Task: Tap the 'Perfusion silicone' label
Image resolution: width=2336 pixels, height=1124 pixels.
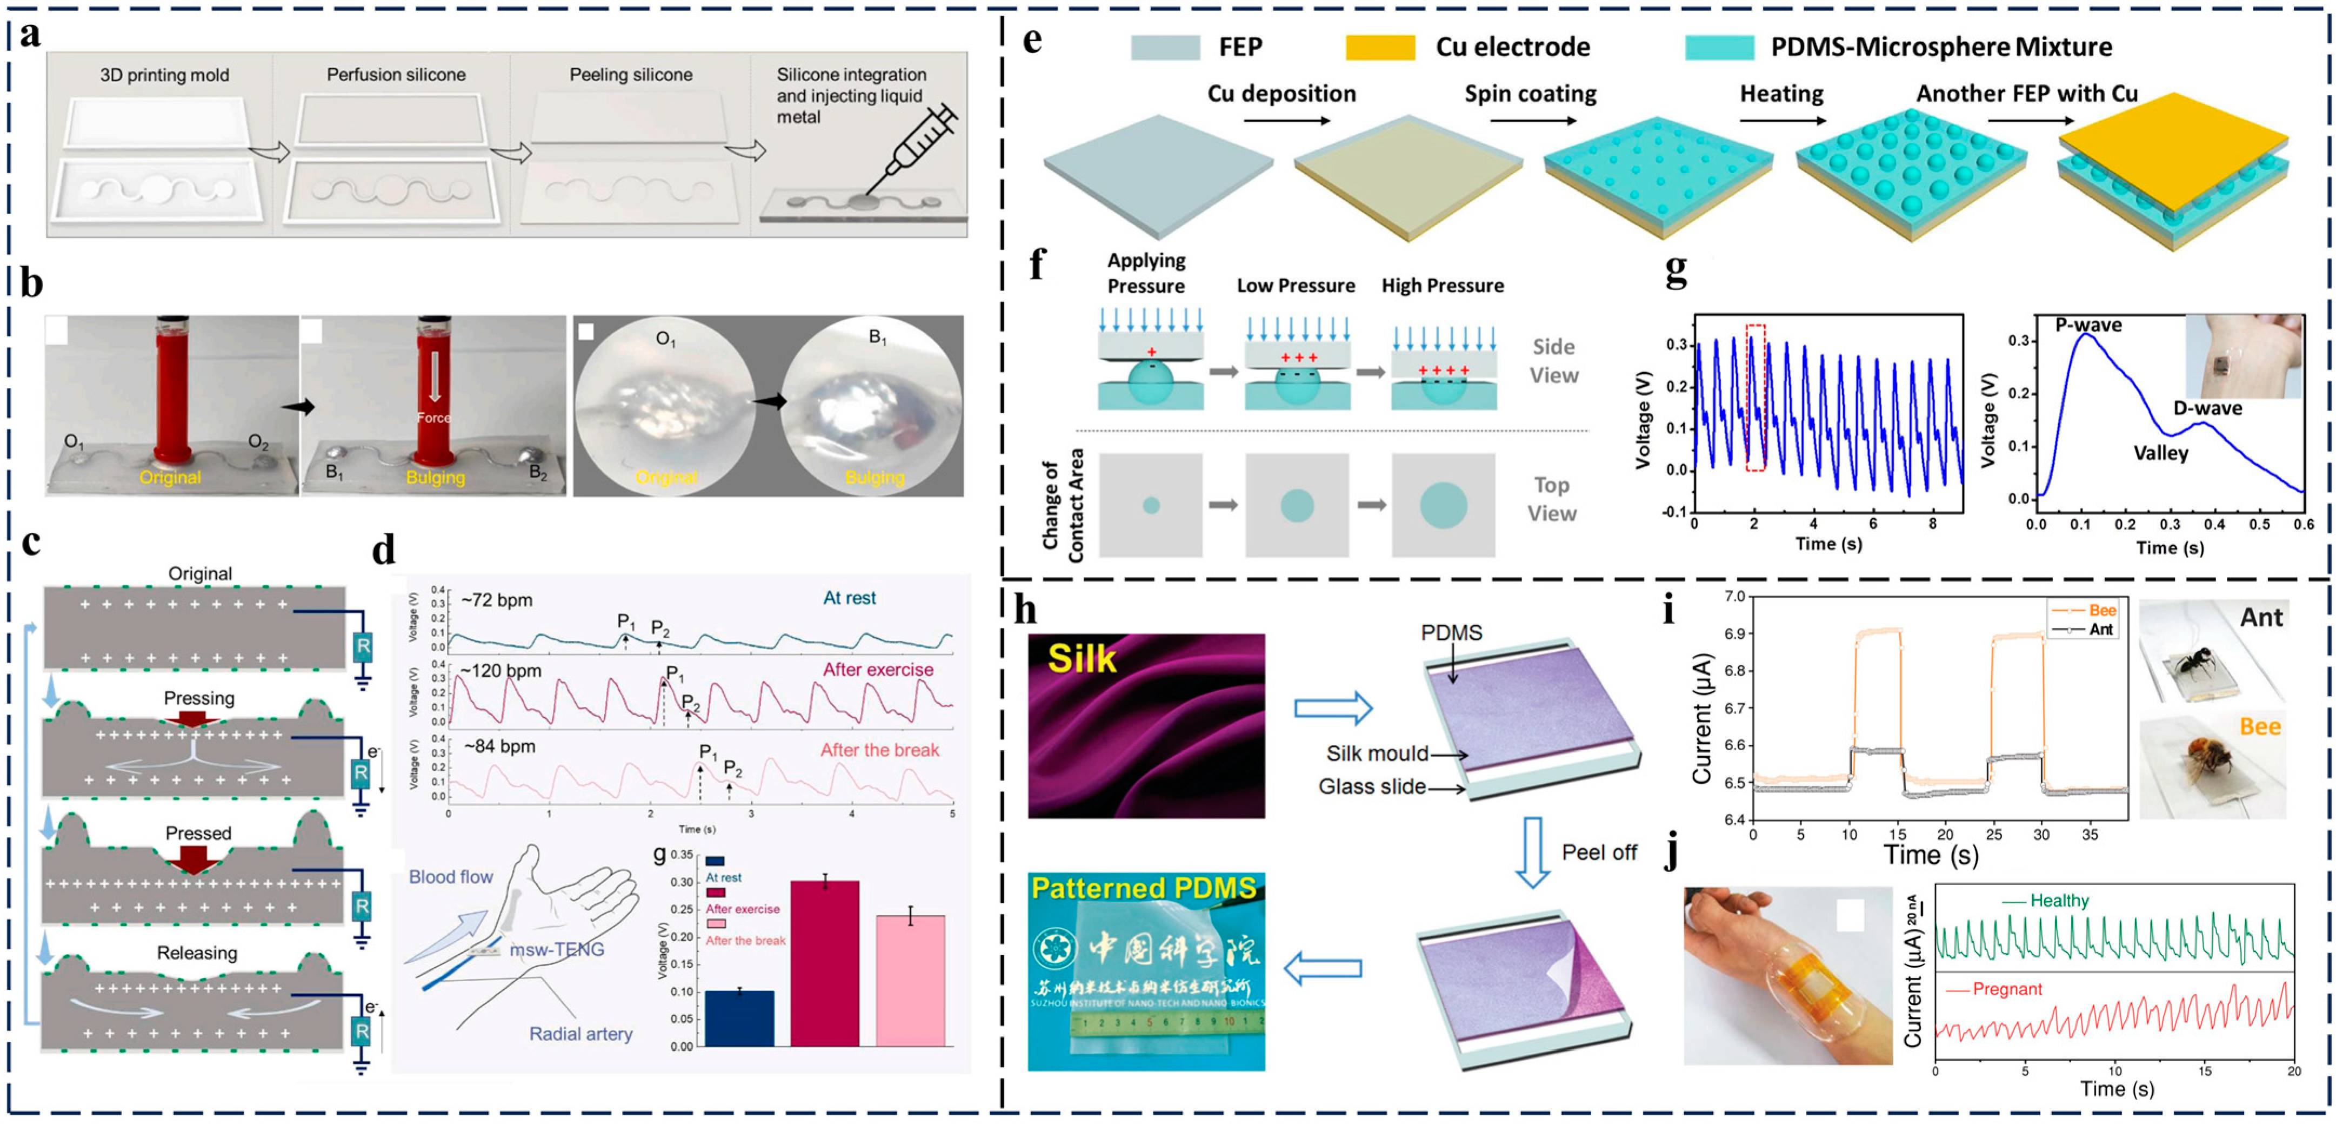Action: [396, 75]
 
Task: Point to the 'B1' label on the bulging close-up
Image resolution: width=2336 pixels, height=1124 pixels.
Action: [877, 338]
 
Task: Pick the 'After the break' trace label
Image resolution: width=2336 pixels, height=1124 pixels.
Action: [879, 750]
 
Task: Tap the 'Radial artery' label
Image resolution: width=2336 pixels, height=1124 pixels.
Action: [580, 1034]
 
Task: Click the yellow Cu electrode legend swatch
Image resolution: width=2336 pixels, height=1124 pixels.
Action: [1379, 47]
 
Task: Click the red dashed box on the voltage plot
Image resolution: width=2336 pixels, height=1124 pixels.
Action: [1756, 396]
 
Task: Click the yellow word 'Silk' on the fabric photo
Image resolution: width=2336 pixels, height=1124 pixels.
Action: [1082, 659]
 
